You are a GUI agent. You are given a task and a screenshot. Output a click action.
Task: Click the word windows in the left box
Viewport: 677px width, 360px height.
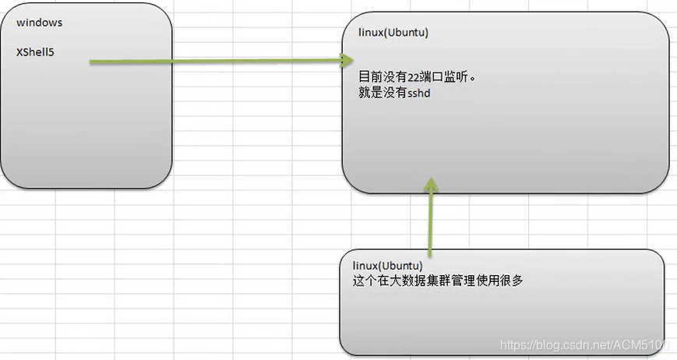click(39, 23)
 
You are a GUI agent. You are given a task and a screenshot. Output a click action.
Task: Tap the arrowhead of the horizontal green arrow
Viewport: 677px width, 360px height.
click(347, 59)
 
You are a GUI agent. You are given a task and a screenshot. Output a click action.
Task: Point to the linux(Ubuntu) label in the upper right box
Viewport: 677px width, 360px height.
click(393, 34)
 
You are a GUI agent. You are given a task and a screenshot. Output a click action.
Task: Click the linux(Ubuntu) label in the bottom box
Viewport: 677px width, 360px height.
click(387, 266)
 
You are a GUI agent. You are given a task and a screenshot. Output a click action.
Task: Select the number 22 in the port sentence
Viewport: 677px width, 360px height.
click(413, 78)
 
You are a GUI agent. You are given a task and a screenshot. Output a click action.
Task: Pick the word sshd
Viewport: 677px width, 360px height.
click(419, 94)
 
